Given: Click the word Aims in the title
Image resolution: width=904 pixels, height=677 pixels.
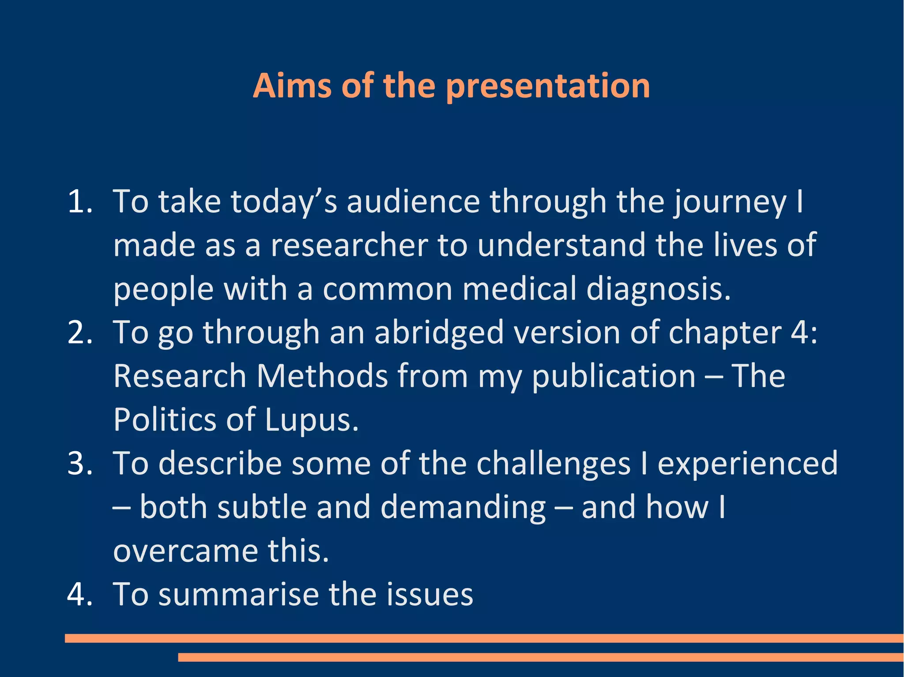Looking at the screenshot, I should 292,86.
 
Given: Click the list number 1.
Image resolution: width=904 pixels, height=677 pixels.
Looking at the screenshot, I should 79,202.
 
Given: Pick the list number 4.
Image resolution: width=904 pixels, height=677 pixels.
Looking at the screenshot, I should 79,594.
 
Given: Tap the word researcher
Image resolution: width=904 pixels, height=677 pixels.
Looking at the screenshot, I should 349,245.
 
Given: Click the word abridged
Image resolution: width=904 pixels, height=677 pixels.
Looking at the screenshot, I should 439,333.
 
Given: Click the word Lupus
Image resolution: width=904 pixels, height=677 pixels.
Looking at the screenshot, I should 312,419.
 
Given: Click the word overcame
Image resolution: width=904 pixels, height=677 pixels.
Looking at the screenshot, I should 185,551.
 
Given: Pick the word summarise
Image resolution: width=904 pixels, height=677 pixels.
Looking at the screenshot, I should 238,594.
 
